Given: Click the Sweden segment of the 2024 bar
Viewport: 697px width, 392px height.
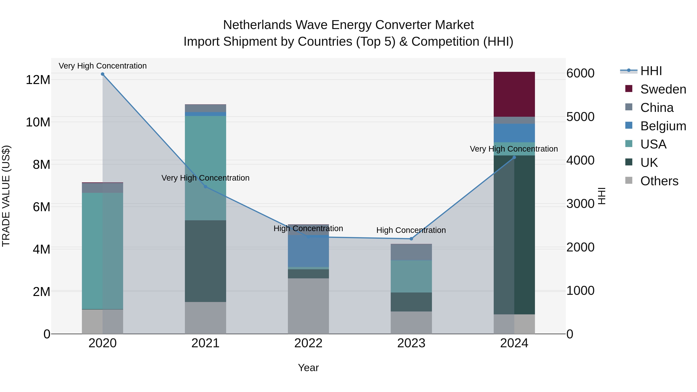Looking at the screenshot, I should [514, 94].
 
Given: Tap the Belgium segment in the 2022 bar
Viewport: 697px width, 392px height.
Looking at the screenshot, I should [308, 251].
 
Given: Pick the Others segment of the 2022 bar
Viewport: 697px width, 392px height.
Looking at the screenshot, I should [308, 306].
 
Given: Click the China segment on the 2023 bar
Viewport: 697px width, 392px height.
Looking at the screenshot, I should [411, 252].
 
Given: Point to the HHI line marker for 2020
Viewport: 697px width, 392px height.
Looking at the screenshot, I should [103, 74].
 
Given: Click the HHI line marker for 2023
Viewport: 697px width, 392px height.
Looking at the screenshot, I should [411, 239].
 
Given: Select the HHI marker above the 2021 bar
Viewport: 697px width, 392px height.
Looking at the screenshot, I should [205, 187].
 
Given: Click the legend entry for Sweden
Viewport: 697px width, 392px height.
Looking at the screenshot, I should [663, 89].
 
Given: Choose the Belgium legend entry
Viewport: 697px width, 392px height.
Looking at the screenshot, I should [663, 126].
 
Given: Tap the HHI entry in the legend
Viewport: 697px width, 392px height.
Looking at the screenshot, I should [651, 71].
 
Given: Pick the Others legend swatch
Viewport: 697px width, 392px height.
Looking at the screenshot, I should [629, 180].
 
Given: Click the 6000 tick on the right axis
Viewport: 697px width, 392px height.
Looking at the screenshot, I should [580, 73].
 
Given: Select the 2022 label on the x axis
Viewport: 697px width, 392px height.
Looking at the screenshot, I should [308, 343].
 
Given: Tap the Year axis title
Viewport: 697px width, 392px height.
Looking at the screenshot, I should [308, 368].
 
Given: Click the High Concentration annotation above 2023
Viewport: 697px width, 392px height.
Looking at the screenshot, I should [411, 230].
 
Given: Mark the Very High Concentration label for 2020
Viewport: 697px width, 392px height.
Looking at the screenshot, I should [103, 66].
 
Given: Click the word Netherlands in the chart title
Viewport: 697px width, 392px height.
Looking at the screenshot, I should [257, 25].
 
